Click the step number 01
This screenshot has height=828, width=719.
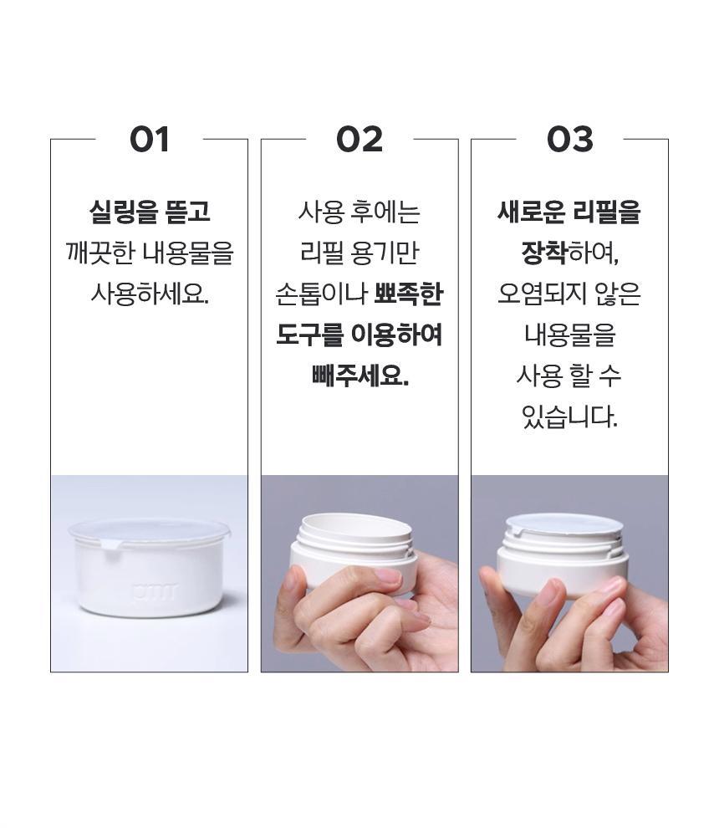[150, 140]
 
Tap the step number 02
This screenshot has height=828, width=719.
[359, 140]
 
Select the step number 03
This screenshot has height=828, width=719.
[569, 140]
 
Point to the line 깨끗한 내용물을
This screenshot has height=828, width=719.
[150, 253]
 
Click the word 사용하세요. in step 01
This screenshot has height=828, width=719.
[150, 294]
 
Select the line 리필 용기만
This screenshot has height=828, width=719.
[359, 253]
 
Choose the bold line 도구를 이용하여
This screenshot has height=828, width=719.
[359, 335]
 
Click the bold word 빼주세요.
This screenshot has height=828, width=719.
[359, 376]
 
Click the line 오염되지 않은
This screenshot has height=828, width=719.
[569, 294]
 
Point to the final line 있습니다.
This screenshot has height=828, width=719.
[569, 417]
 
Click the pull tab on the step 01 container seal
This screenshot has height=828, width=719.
[109, 544]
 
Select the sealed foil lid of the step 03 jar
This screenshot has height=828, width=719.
[564, 524]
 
